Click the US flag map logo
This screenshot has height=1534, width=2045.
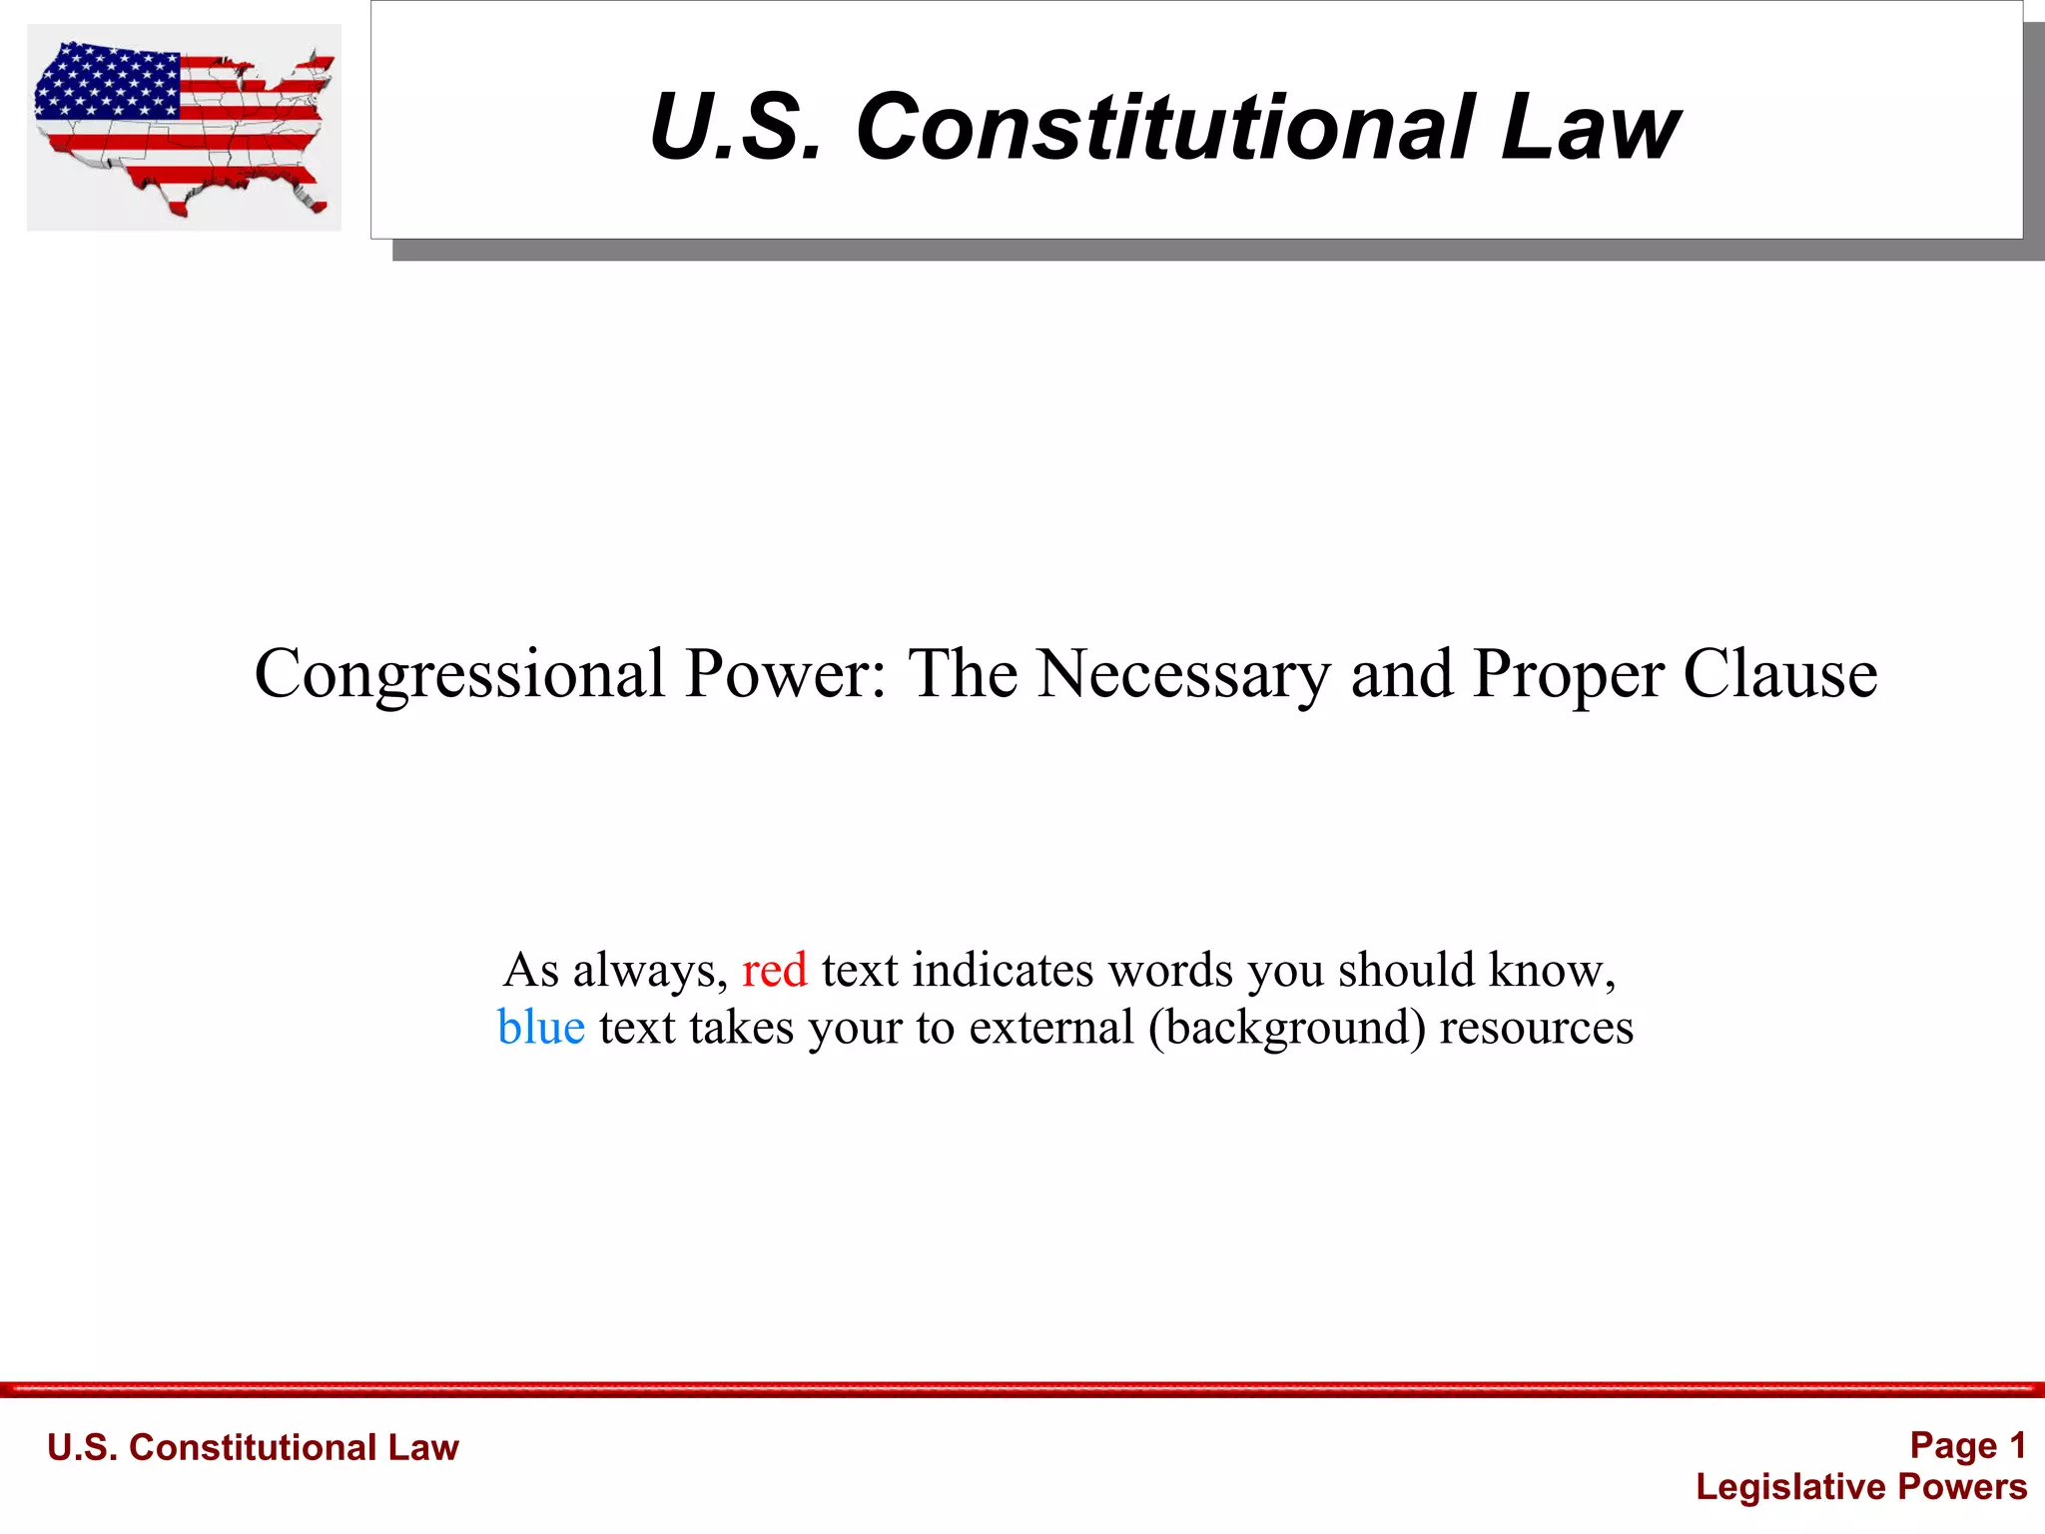click(184, 128)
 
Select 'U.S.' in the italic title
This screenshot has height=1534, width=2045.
click(736, 127)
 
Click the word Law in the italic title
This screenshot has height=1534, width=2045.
click(1590, 127)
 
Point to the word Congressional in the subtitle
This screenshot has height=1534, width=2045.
click(460, 675)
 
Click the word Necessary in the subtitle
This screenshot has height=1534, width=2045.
click(1183, 675)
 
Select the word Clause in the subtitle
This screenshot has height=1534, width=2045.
click(1780, 675)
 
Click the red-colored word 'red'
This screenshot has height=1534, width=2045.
click(774, 970)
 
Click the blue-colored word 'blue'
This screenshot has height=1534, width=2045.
click(540, 1028)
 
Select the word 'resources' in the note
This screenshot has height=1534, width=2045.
click(1536, 1028)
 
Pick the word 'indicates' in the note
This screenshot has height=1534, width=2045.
click(1003, 970)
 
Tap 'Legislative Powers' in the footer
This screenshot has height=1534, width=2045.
click(1861, 1487)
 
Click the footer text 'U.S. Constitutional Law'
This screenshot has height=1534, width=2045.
click(253, 1447)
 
